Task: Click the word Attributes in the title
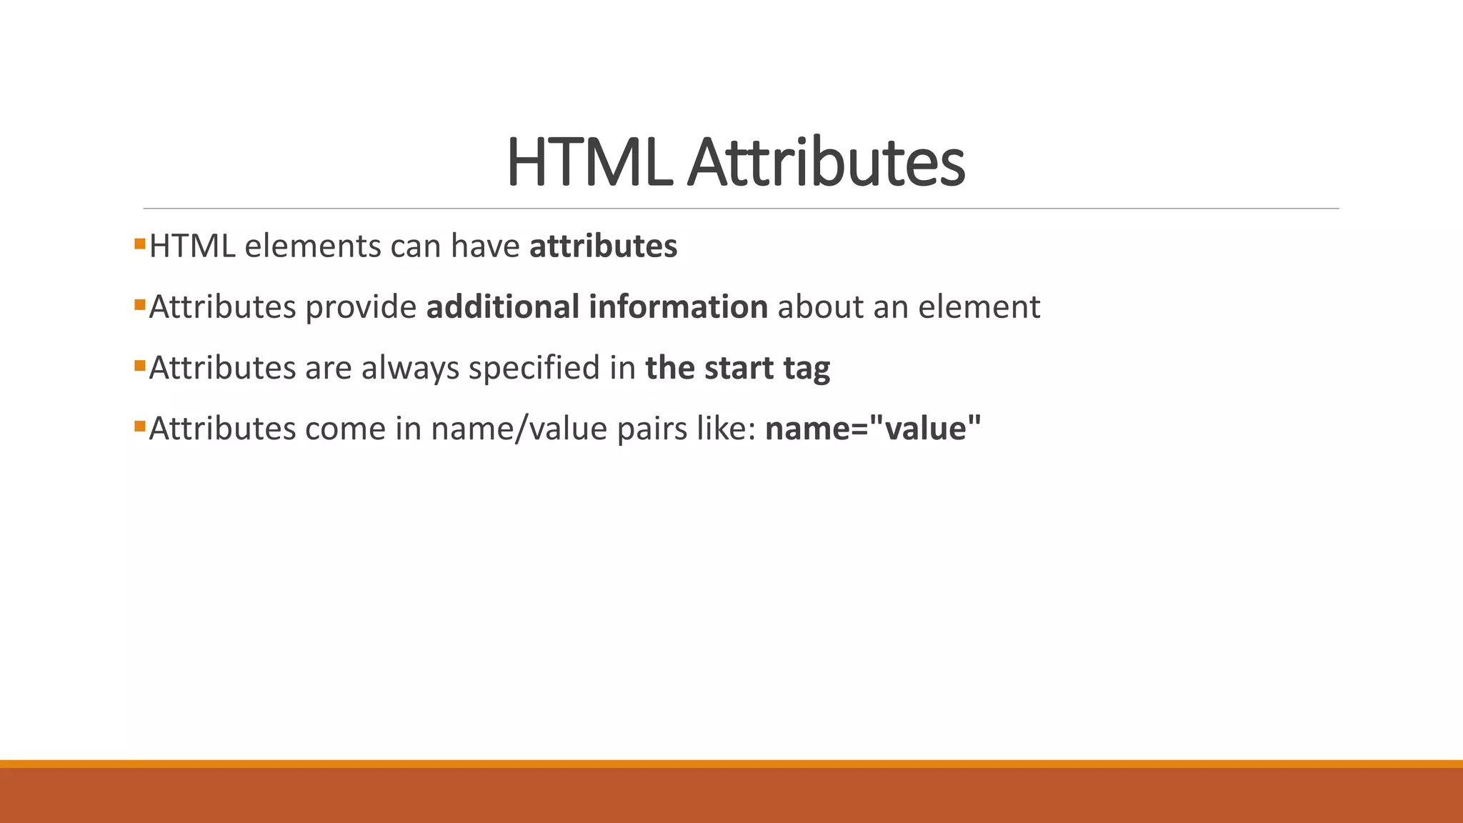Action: [826, 163]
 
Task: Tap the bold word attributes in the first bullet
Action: [603, 246]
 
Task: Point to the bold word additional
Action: [502, 306]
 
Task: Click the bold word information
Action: [678, 306]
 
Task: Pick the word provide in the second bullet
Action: [361, 307]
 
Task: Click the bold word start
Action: [739, 368]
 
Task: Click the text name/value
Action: [519, 429]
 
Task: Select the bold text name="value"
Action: [873, 429]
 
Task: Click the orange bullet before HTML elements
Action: [139, 244]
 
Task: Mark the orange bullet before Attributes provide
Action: [139, 305]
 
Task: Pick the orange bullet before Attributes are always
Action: [139, 366]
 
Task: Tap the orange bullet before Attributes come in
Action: [139, 427]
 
